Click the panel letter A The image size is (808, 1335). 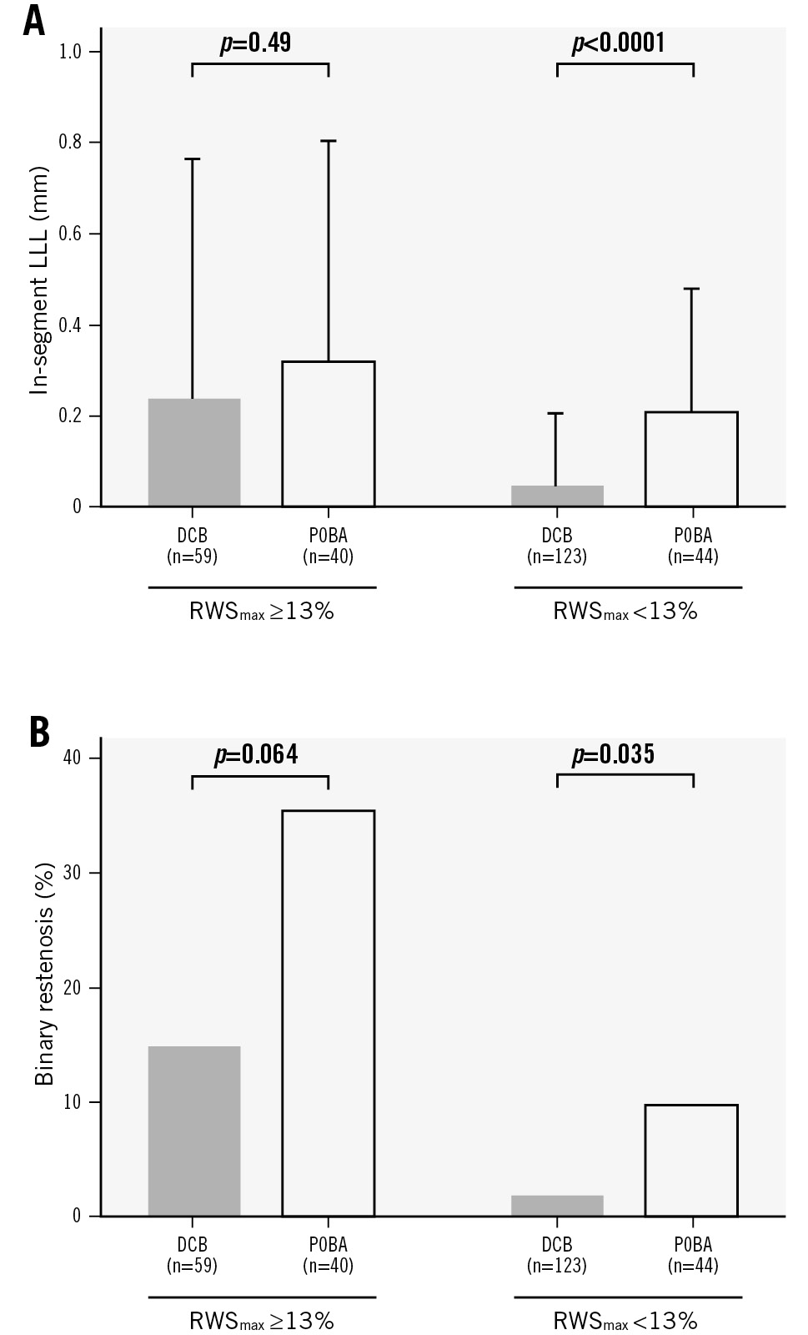click(34, 19)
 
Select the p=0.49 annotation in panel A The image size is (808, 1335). click(255, 43)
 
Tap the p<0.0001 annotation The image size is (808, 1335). click(619, 43)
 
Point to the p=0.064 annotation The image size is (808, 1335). click(256, 755)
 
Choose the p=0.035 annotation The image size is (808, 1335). click(614, 755)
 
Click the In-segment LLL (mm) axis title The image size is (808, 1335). click(39, 280)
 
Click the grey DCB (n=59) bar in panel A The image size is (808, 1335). click(194, 452)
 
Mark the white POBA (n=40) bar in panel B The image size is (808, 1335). click(329, 1013)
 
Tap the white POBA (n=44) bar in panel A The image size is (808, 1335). click(691, 459)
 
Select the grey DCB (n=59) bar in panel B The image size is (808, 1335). click(194, 1131)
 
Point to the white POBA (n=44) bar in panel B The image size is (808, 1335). click(691, 1160)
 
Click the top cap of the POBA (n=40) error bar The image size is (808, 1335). click(329, 141)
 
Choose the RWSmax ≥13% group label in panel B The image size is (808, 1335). click(262, 1321)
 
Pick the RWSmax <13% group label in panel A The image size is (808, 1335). click(625, 612)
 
